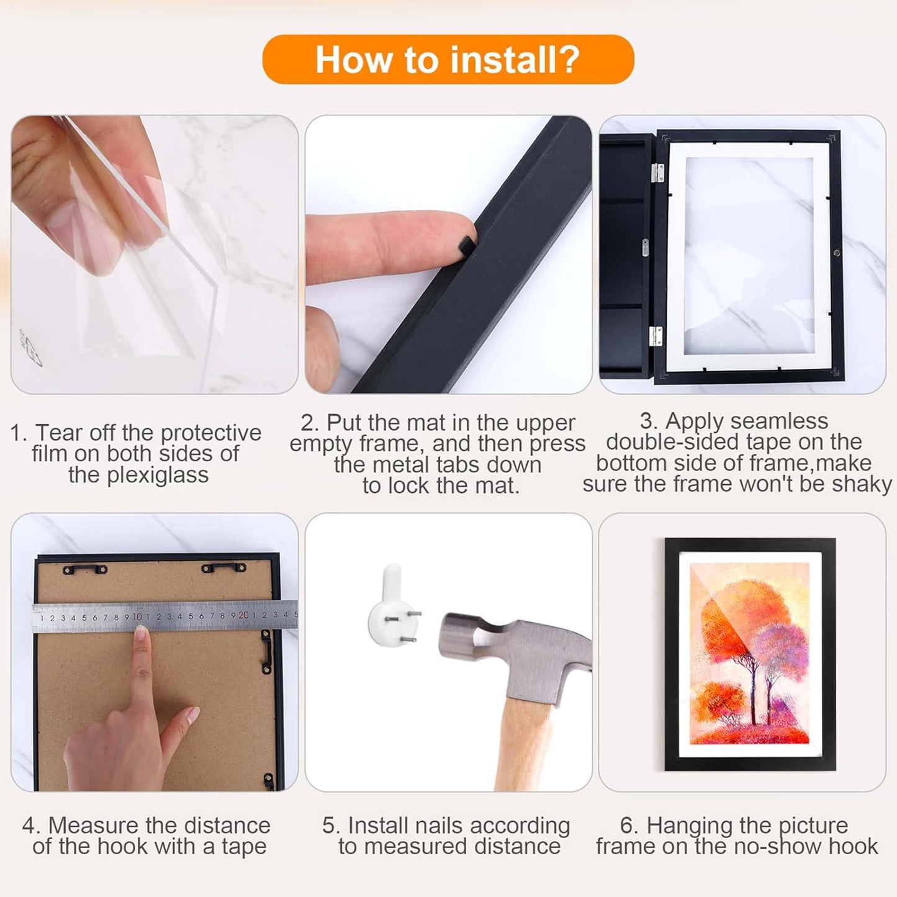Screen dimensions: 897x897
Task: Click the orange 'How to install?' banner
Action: tap(448, 60)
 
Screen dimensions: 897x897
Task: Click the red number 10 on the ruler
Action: tap(137, 616)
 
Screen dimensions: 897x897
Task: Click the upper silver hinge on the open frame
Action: tap(657, 173)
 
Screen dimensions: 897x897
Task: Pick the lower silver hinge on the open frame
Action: tap(656, 336)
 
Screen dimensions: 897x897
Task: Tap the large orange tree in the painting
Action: tap(739, 621)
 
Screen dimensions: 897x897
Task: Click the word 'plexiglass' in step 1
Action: tap(138, 475)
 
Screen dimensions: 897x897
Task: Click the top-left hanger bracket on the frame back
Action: tap(84, 569)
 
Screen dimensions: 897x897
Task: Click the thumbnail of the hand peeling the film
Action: tap(154, 255)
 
